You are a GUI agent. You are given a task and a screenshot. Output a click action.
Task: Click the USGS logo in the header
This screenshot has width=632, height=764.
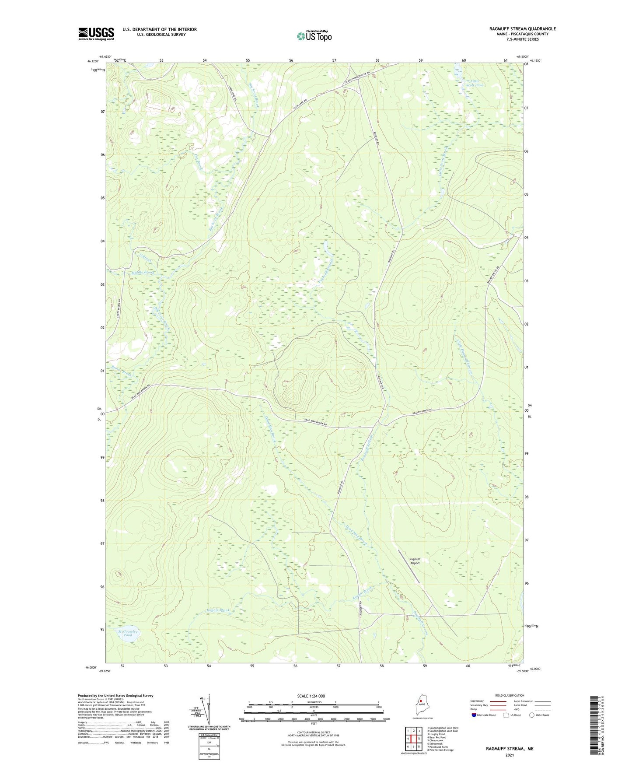[96, 34]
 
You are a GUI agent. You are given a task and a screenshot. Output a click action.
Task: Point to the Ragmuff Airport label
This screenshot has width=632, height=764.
[415, 561]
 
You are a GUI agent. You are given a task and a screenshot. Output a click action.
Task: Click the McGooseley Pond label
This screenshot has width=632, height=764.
[128, 633]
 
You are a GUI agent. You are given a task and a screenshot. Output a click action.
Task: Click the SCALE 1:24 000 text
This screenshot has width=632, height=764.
[311, 696]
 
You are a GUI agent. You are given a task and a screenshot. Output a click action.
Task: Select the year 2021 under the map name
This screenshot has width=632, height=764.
[510, 755]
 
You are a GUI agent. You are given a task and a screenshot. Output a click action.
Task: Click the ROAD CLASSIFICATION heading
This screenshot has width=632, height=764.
[510, 695]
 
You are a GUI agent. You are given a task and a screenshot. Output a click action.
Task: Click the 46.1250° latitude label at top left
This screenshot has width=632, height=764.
[92, 62]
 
